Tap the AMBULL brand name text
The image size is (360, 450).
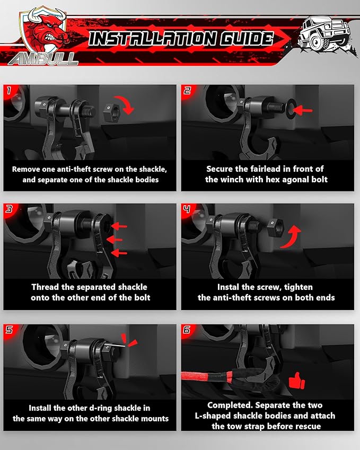point(43,59)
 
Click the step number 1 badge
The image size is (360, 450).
point(9,91)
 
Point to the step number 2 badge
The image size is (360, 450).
point(187,91)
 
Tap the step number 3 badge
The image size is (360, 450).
point(9,209)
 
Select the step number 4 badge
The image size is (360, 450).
point(187,209)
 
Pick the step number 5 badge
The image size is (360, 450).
point(9,330)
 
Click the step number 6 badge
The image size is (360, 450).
point(187,330)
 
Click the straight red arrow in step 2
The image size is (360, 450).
point(303,110)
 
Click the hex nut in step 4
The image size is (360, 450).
point(275,228)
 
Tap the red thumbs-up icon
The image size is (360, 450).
point(296,381)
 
